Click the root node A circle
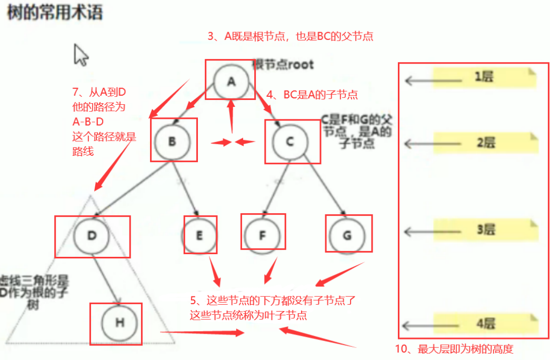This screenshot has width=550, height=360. coord(231,81)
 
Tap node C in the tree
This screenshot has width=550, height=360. coord(289,142)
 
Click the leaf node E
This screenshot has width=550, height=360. coord(199,235)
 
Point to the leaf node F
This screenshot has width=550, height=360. coord(263,235)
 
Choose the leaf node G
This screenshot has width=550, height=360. coord(347,235)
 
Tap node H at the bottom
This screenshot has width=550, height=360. coord(119,322)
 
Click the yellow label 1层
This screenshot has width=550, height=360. coord(484,77)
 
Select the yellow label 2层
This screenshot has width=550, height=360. coord(484,143)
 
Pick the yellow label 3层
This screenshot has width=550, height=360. coord(484,230)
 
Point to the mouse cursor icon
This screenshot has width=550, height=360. coord(81,55)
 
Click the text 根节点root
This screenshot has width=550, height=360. coord(283,65)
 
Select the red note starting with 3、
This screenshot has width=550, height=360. coord(291,36)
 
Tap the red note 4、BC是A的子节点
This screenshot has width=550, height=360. coord(312,95)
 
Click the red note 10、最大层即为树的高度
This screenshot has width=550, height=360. coord(454,348)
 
